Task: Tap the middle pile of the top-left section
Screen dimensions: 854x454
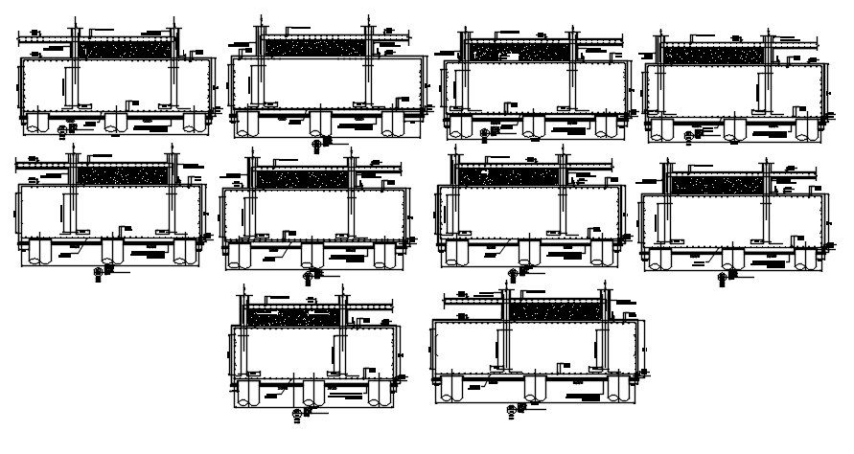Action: (114, 120)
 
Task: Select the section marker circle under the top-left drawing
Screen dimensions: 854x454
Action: (63, 129)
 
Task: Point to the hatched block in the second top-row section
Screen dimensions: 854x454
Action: (312, 47)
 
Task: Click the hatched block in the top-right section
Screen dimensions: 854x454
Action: (716, 55)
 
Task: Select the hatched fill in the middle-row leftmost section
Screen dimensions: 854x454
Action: (125, 175)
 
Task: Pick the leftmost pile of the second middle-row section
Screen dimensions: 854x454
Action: (238, 255)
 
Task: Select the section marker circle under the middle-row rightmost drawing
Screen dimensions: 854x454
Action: (721, 277)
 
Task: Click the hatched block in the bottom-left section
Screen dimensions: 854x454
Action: (292, 315)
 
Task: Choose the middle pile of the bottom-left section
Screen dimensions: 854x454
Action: (312, 392)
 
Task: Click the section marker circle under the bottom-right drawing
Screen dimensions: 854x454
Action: (509, 409)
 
